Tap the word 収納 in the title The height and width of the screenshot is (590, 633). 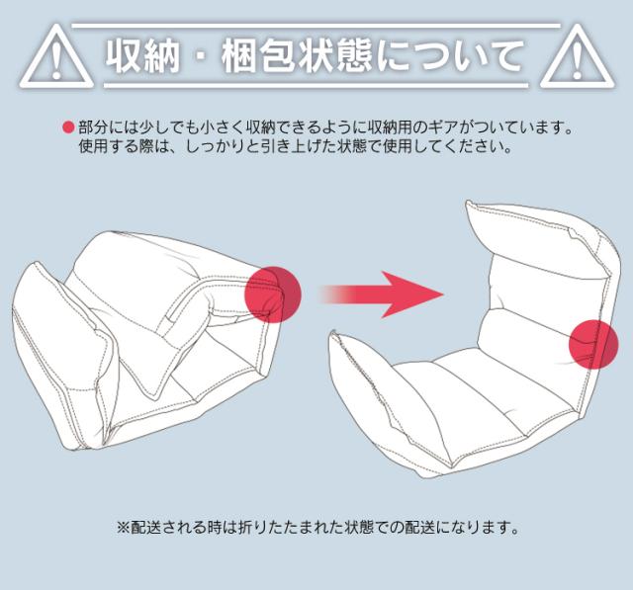142,56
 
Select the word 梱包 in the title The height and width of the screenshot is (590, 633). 259,56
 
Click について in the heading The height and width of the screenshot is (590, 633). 449,56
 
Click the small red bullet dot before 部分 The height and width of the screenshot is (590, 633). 68,127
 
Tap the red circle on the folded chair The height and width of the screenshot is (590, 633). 273,295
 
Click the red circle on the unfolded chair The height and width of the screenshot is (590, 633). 593,344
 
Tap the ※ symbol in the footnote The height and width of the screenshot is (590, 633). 123,527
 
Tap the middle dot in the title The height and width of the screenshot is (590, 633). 201,56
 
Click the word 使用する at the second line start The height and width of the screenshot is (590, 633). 108,146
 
